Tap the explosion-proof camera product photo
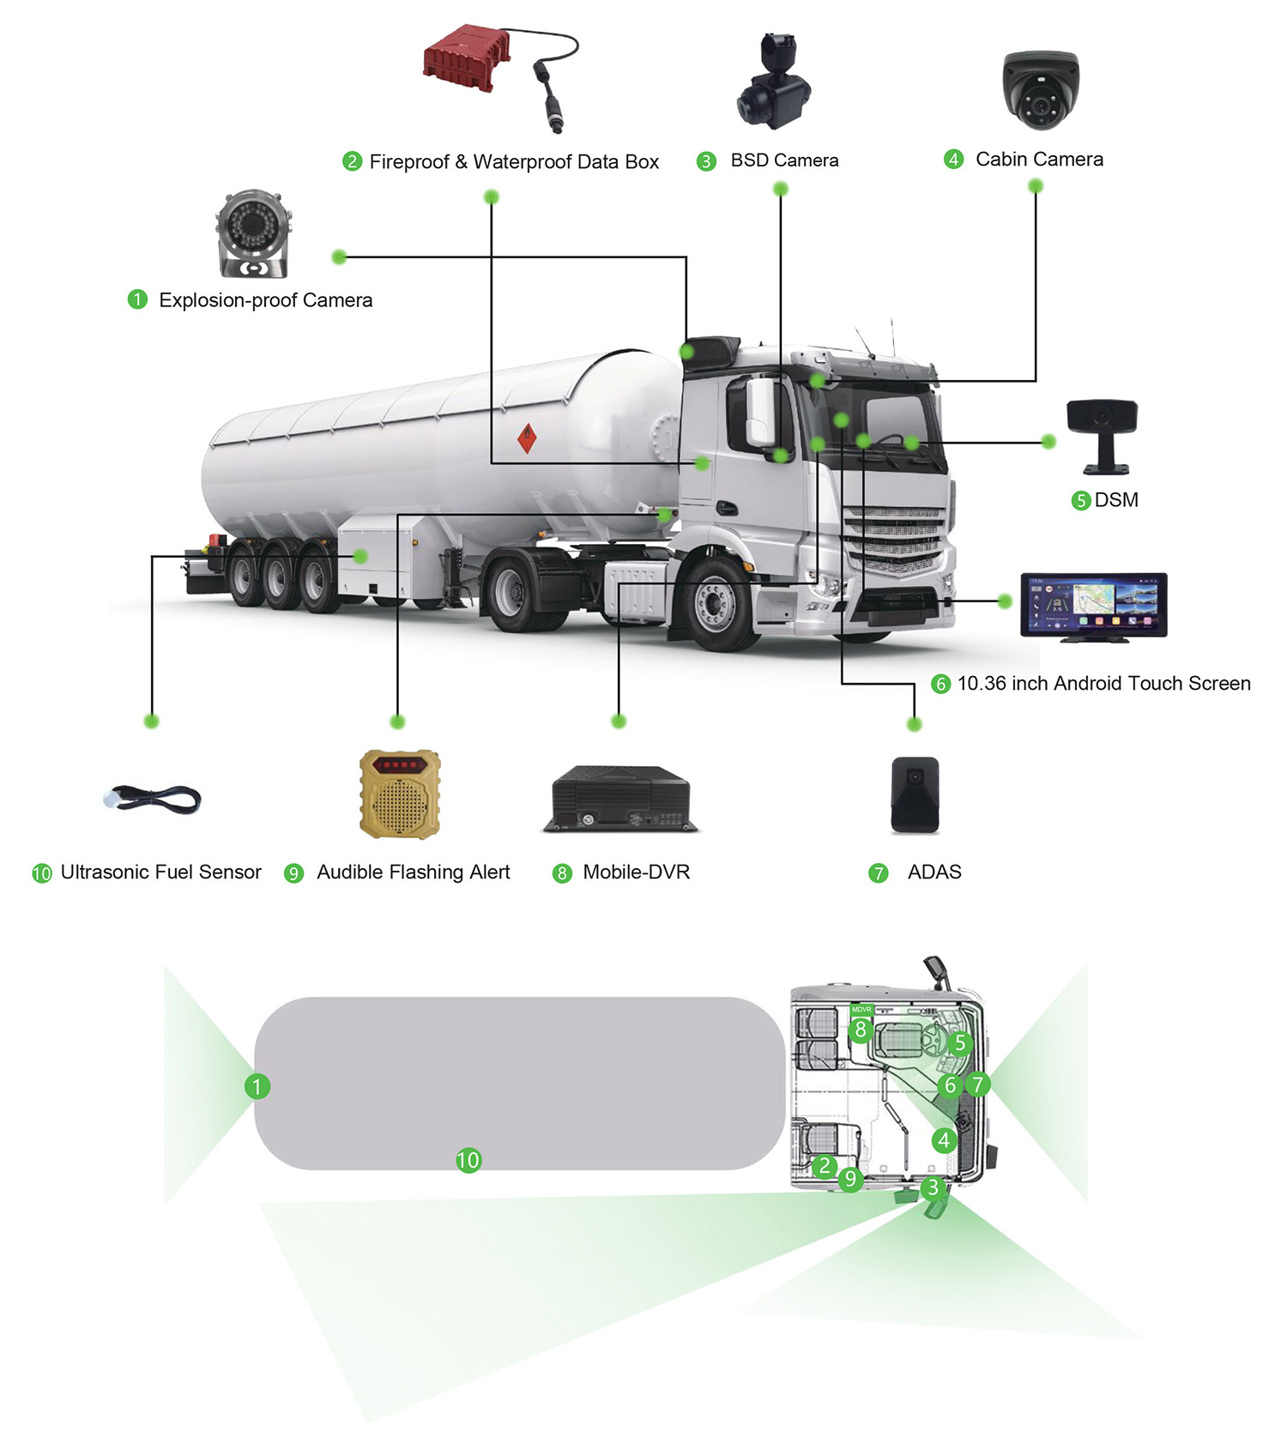tap(253, 233)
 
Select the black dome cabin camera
tap(1041, 89)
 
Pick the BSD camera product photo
tap(773, 84)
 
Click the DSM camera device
tap(1102, 432)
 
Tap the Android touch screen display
tap(1093, 606)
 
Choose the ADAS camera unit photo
tap(915, 794)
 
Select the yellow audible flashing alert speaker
tap(400, 794)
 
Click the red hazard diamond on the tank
tap(527, 438)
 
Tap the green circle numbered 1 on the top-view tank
tap(257, 1086)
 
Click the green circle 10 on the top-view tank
tap(468, 1161)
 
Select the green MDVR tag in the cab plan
tap(861, 1010)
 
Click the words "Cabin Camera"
tap(1039, 160)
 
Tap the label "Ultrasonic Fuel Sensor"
tap(160, 872)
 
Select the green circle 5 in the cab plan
tap(959, 1043)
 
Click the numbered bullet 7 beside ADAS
tap(878, 873)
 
